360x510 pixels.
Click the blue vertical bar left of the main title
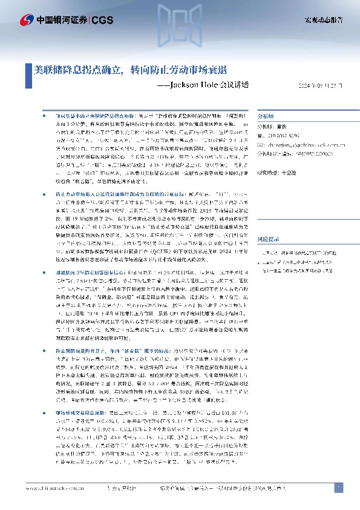coord(28,70)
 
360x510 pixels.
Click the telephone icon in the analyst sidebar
coord(260,136)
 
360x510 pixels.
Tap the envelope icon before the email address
coord(260,145)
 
